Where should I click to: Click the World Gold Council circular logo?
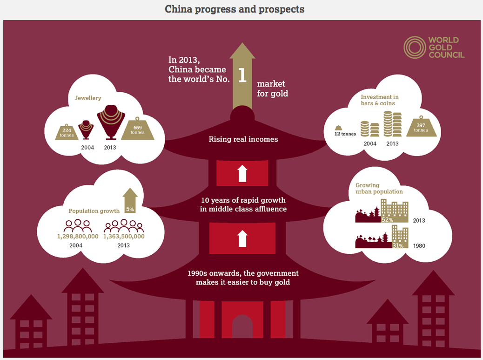(x=414, y=48)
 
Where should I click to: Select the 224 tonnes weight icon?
(x=67, y=132)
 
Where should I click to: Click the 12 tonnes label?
(x=346, y=134)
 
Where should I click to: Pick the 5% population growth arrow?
(x=130, y=200)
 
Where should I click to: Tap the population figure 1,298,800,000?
(x=78, y=237)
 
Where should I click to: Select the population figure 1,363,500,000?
(x=124, y=237)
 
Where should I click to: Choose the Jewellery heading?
(x=88, y=98)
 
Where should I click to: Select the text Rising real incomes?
(x=243, y=139)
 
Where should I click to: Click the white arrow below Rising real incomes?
(x=241, y=173)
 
